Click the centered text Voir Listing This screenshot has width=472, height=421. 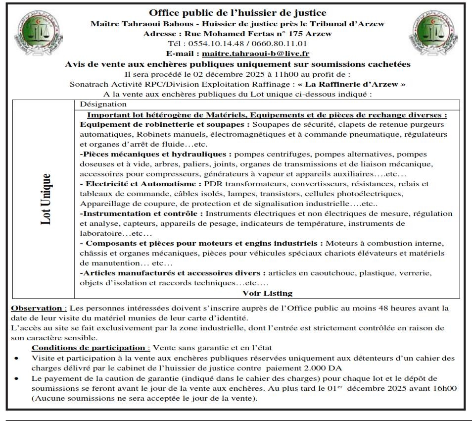tap(267, 293)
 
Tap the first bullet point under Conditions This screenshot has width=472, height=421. tap(17, 358)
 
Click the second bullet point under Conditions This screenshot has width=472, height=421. tap(17, 378)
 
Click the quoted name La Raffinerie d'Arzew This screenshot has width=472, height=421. tap(351, 84)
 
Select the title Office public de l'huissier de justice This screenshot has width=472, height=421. tap(237, 13)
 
